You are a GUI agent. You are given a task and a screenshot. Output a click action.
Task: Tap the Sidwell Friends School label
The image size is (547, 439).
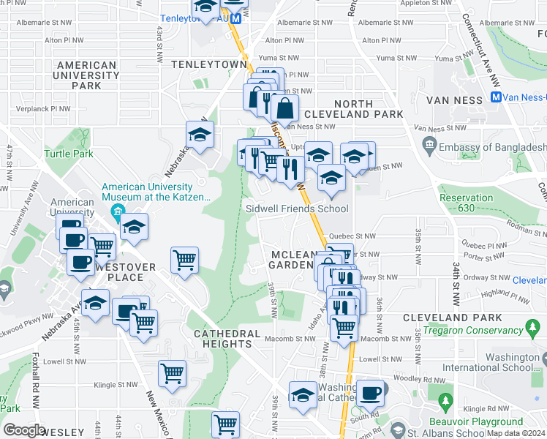click(296, 209)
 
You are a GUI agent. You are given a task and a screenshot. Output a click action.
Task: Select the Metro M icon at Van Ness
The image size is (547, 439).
click(496, 97)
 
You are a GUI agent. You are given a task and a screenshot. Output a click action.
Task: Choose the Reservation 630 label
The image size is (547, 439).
click(467, 203)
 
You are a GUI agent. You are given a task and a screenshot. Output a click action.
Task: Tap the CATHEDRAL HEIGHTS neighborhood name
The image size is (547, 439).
click(227, 339)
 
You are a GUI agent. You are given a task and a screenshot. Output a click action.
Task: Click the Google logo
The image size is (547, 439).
click(24, 430)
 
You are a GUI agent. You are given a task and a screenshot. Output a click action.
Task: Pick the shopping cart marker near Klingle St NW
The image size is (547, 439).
click(172, 372)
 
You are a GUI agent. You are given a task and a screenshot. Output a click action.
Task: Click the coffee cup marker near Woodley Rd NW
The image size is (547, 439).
click(370, 392)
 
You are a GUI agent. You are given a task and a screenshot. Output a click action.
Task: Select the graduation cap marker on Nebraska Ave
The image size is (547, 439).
click(200, 134)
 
